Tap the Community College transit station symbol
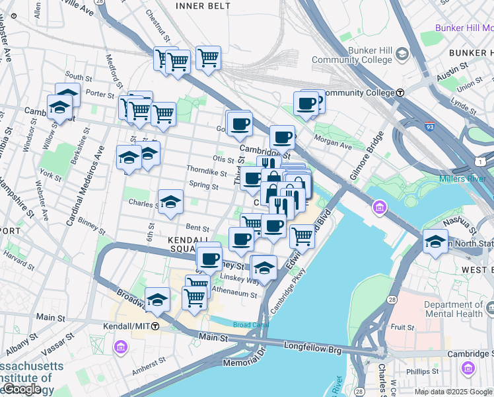click(x=400, y=93)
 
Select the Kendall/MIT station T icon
click(x=155, y=326)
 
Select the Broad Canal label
click(x=251, y=325)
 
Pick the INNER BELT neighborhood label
click(x=203, y=5)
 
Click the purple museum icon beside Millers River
click(x=380, y=209)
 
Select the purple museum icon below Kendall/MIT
click(x=120, y=347)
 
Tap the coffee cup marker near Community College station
click(x=306, y=103)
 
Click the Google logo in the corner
click(x=21, y=390)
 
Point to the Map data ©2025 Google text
click(x=453, y=392)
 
